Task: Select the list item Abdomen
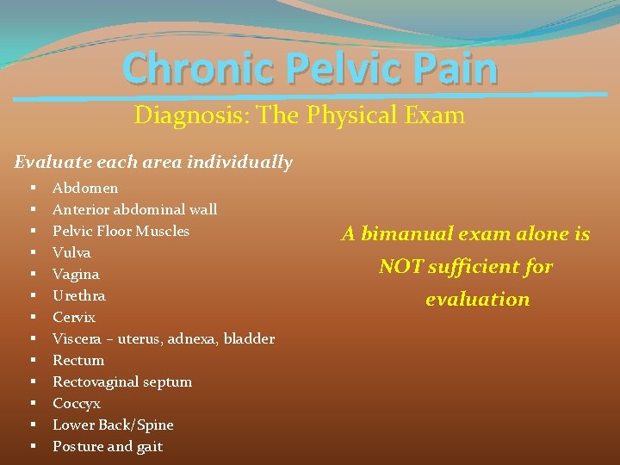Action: point(85,188)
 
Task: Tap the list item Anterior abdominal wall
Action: point(134,209)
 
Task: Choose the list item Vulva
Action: point(71,252)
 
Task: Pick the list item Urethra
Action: point(78,295)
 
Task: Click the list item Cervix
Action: point(74,317)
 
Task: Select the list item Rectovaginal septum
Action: point(122,381)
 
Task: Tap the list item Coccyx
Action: point(77,403)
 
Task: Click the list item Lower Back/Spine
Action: point(113,425)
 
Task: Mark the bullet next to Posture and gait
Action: point(32,446)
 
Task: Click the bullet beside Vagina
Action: point(32,274)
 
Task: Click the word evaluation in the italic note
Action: point(477,300)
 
